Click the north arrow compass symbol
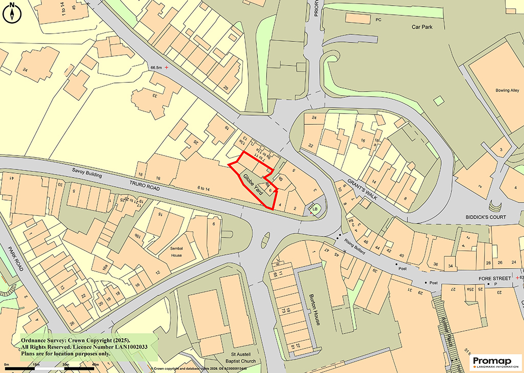[11, 13]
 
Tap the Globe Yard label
[253, 184]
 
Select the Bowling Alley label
[507, 91]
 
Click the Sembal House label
[177, 251]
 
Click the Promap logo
[495, 361]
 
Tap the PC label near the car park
[379, 20]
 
